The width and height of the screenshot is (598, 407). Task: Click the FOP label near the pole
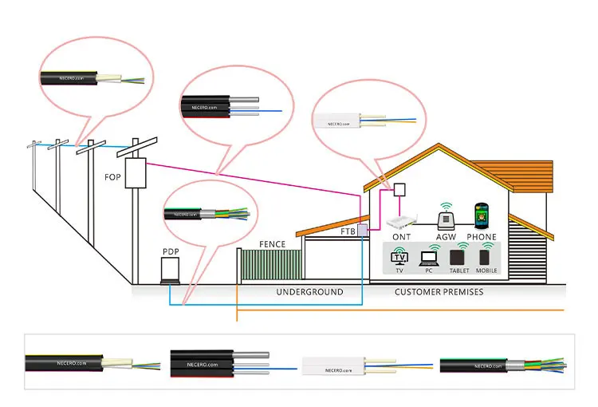click(x=112, y=177)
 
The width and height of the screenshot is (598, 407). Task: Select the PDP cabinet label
click(x=171, y=252)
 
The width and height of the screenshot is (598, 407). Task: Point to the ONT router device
click(x=402, y=222)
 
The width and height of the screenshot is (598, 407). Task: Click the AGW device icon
click(x=445, y=217)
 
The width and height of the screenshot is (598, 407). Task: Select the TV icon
click(x=399, y=257)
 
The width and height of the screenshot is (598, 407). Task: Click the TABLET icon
click(x=458, y=258)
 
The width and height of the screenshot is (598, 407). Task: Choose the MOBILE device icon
click(x=486, y=258)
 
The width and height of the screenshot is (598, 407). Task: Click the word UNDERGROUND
click(x=309, y=292)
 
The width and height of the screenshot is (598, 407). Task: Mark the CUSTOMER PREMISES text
click(x=439, y=292)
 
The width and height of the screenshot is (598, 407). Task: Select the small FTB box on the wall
click(x=361, y=231)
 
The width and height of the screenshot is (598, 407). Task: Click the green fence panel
click(x=272, y=264)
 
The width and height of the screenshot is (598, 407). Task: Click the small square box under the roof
click(x=399, y=190)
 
